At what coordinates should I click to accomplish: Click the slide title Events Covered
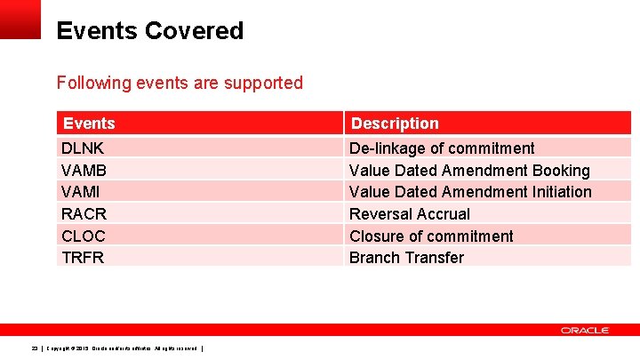(x=149, y=31)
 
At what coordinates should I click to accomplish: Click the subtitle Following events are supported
(x=180, y=83)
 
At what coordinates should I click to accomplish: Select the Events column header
(x=88, y=124)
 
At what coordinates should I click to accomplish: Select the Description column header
(x=394, y=124)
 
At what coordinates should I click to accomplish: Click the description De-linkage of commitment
(x=442, y=148)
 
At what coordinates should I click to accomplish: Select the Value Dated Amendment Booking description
(x=469, y=170)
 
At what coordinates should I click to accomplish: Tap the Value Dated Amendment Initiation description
(x=470, y=192)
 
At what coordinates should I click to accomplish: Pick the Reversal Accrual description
(x=410, y=214)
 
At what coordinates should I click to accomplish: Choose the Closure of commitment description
(x=431, y=236)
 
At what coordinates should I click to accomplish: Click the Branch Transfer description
(x=406, y=258)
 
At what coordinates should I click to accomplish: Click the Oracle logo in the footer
(x=584, y=331)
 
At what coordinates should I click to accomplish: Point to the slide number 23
(x=35, y=348)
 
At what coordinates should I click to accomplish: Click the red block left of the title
(x=20, y=19)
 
